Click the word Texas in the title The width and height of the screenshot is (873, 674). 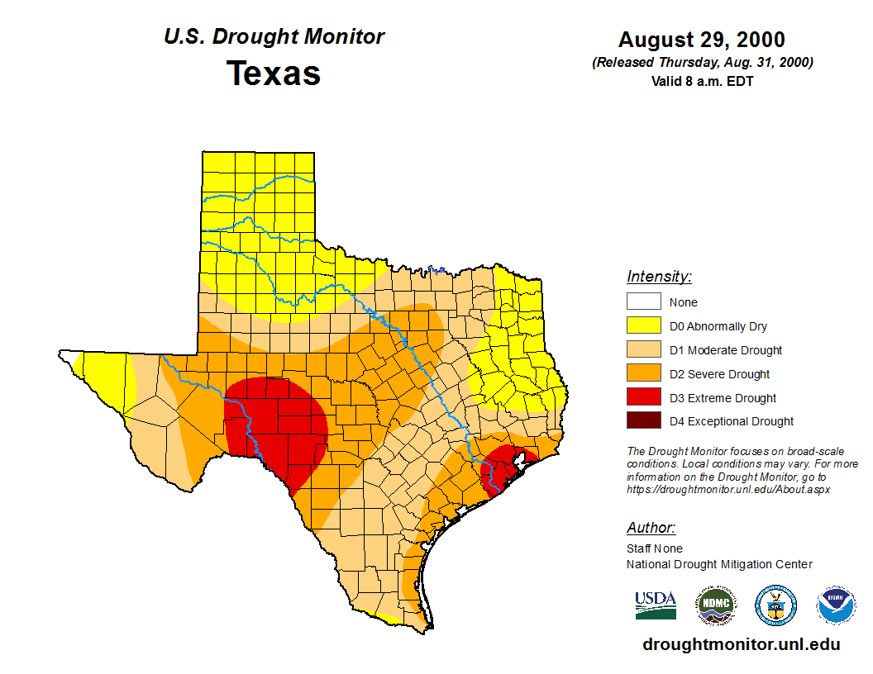tap(274, 74)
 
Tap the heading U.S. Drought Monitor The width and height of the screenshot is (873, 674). tap(274, 37)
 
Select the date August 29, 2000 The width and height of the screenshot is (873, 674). tap(702, 40)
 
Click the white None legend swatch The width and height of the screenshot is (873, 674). tap(643, 302)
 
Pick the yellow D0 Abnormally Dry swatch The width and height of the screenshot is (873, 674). tap(643, 326)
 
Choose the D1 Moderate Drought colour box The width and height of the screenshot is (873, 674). tap(643, 350)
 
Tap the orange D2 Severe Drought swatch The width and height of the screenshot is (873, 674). tap(643, 374)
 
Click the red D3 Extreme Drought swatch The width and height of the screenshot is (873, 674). tap(643, 398)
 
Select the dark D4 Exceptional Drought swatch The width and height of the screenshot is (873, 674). tap(643, 421)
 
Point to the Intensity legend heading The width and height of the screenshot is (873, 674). tap(659, 277)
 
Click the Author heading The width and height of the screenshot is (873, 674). tap(651, 528)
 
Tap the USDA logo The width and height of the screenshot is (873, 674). tap(656, 605)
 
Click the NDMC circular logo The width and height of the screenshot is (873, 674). tap(715, 606)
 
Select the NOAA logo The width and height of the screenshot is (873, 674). tap(836, 606)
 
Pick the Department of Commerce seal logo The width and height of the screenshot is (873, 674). tap(775, 606)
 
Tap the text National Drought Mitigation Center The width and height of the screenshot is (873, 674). tap(719, 564)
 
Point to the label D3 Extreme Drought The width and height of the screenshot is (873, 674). tap(723, 398)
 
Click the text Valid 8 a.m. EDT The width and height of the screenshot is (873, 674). tap(702, 81)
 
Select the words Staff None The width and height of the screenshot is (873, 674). tap(655, 548)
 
